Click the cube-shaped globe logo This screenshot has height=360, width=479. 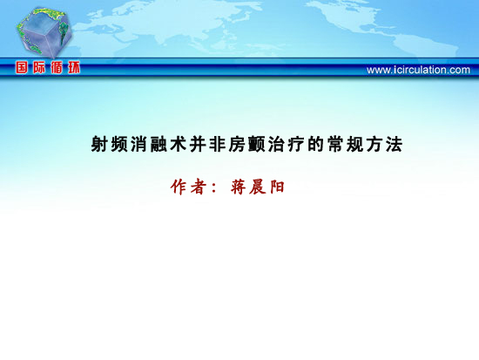click(x=44, y=32)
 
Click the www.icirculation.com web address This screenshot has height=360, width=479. click(x=418, y=70)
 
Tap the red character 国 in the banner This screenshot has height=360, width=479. click(x=22, y=67)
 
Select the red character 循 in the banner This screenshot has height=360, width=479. click(x=57, y=67)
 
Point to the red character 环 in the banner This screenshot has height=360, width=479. click(x=74, y=67)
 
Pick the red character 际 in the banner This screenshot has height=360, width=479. click(x=39, y=67)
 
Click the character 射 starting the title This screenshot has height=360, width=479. click(x=99, y=144)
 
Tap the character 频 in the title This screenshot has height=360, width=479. click(x=119, y=144)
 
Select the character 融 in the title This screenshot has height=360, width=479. click(x=159, y=144)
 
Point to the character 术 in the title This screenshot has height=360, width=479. click(x=178, y=144)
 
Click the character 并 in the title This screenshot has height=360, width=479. click(x=198, y=144)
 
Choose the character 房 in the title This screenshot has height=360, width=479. click(x=237, y=144)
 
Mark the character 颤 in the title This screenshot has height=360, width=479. click(x=257, y=144)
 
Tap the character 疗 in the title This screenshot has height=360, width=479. click(x=296, y=144)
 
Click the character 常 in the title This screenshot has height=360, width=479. click(x=335, y=144)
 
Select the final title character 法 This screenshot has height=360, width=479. click(x=394, y=144)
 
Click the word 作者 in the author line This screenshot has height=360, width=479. click(x=188, y=187)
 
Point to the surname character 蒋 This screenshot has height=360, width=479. click(x=239, y=187)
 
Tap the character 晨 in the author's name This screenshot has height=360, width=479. click(x=257, y=187)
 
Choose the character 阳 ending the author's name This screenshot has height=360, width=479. click(x=277, y=187)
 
